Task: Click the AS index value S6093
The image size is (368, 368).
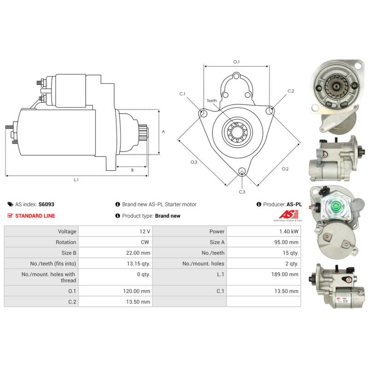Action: click(46, 204)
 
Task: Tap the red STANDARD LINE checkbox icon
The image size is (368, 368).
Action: click(10, 216)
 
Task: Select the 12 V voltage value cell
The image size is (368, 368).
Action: click(145, 231)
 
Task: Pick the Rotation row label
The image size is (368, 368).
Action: click(66, 242)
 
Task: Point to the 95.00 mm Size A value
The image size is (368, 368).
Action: click(287, 242)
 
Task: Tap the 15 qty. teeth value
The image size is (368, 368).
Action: click(291, 253)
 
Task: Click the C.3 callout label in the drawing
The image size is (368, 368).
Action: click(242, 192)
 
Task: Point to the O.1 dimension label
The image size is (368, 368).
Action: click(236, 62)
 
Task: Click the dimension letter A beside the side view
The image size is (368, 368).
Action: click(163, 132)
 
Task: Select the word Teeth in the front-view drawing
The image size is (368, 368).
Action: click(212, 101)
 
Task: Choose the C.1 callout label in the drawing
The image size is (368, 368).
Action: click(182, 94)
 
